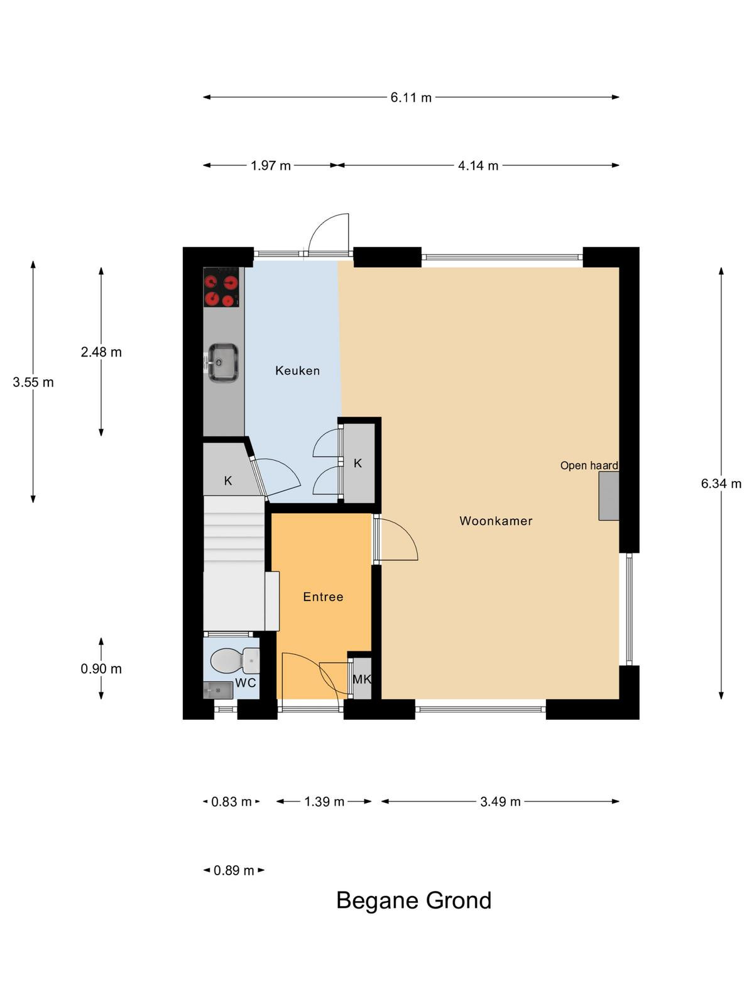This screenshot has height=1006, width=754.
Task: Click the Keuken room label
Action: click(297, 370)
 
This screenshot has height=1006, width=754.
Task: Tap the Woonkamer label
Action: click(496, 521)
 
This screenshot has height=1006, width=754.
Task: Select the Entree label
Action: click(323, 597)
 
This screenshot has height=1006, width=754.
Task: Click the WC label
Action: click(246, 683)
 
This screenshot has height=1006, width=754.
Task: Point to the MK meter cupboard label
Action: click(362, 679)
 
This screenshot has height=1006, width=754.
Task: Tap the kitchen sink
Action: click(223, 362)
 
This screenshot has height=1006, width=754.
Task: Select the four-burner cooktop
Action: click(221, 287)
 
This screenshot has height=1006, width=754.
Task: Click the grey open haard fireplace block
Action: click(609, 496)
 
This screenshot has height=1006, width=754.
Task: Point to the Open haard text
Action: click(589, 466)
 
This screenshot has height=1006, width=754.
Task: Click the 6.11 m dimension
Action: click(411, 97)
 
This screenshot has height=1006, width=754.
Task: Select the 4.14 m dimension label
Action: click(478, 165)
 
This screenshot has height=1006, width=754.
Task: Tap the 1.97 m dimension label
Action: click(271, 165)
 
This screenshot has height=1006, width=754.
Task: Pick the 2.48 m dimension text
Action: click(101, 352)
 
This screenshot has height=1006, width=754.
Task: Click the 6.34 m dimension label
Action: click(721, 484)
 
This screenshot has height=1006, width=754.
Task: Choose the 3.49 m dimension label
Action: click(500, 802)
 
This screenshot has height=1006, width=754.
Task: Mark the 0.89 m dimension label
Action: click(234, 870)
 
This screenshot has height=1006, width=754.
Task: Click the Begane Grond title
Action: click(414, 901)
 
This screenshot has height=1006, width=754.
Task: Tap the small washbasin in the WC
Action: click(218, 690)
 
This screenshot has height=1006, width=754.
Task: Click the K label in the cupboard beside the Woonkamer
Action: click(358, 463)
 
